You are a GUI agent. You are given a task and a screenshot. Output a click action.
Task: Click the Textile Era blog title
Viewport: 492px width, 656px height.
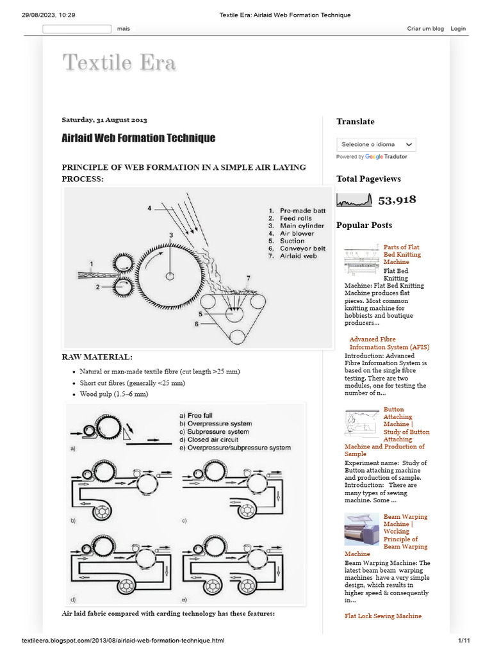pyautogui.click(x=119, y=63)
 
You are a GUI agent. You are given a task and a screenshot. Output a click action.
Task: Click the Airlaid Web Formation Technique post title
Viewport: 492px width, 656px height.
pyautogui.click(x=138, y=138)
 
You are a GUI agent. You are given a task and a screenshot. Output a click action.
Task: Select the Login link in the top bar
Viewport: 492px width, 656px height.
pyautogui.click(x=458, y=29)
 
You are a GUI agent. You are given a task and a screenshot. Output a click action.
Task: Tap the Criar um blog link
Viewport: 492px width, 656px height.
pyautogui.click(x=425, y=29)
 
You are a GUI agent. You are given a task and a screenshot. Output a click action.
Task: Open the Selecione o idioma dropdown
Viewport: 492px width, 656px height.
pyautogui.click(x=377, y=145)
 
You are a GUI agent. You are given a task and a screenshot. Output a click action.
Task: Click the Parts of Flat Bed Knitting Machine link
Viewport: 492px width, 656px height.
pyautogui.click(x=402, y=254)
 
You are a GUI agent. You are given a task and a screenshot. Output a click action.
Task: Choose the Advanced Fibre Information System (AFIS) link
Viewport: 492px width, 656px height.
pyautogui.click(x=389, y=343)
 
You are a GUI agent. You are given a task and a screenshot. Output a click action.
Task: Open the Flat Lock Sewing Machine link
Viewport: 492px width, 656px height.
pyautogui.click(x=383, y=616)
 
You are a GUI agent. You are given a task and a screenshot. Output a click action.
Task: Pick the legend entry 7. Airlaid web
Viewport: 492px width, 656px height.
pyautogui.click(x=293, y=256)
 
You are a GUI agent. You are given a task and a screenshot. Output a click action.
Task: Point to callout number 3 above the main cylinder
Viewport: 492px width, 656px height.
pyautogui.click(x=171, y=236)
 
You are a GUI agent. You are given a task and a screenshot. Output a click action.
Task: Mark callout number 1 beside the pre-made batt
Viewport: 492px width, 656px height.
pyautogui.click(x=92, y=263)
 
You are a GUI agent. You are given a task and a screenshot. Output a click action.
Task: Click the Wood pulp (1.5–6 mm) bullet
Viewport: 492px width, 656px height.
pyautogui.click(x=114, y=395)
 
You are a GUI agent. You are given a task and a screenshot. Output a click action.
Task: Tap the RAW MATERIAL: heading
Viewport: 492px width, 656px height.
pyautogui.click(x=97, y=357)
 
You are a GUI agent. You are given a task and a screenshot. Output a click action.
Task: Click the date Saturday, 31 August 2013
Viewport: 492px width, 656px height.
pyautogui.click(x=104, y=120)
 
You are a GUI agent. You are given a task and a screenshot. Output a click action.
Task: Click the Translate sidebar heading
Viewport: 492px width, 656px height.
pyautogui.click(x=356, y=122)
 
